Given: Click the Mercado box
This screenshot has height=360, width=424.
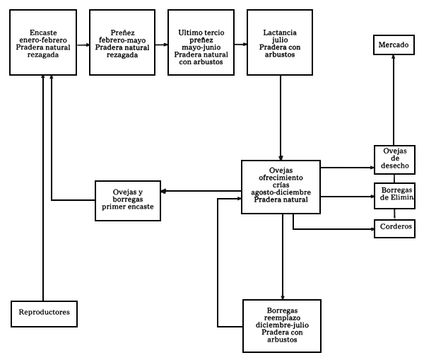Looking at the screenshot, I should (394, 45).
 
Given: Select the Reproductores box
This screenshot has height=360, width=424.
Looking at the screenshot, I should (44, 313).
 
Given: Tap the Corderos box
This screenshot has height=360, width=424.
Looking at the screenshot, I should (394, 228).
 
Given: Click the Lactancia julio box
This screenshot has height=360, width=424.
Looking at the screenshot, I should (280, 42).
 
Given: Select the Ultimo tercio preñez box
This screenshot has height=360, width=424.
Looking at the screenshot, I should (201, 42).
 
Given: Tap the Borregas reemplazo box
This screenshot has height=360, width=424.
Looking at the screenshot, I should (282, 326).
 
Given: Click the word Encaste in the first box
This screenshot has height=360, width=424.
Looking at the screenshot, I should (44, 33).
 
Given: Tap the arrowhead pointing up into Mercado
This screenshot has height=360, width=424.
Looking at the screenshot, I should (394, 62).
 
